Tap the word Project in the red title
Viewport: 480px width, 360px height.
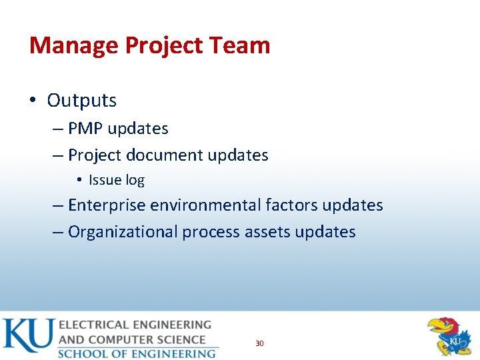pyautogui.click(x=166, y=45)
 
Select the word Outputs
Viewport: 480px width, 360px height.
pyautogui.click(x=81, y=101)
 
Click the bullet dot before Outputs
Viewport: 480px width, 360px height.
pyautogui.click(x=33, y=101)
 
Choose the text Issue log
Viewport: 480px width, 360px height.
pyautogui.click(x=116, y=180)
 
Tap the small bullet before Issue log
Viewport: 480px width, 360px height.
pyautogui.click(x=79, y=180)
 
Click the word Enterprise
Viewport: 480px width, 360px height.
pyautogui.click(x=107, y=205)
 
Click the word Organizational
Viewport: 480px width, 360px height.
pyautogui.click(x=123, y=232)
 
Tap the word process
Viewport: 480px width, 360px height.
pyautogui.click(x=211, y=232)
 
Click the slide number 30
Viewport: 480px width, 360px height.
pyautogui.click(x=259, y=343)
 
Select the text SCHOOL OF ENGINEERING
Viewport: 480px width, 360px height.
pyautogui.click(x=137, y=353)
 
